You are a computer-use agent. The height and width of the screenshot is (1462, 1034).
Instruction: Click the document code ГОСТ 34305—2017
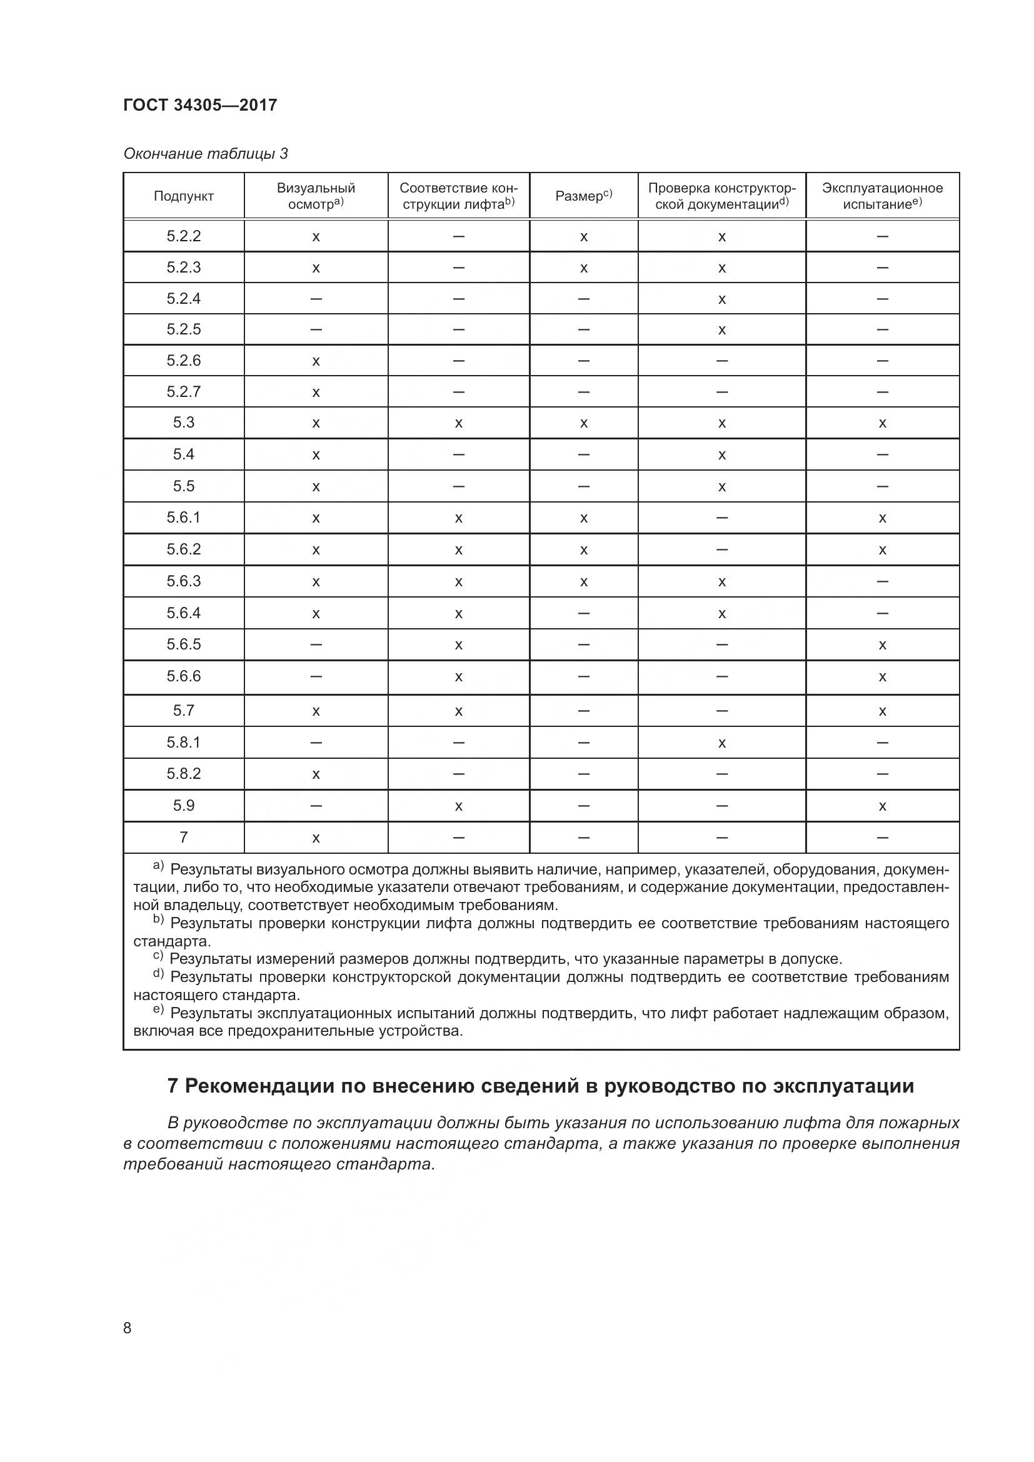pos(200,105)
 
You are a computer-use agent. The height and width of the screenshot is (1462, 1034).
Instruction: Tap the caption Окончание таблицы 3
pos(205,154)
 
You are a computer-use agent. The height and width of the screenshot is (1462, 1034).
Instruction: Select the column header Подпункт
pos(183,196)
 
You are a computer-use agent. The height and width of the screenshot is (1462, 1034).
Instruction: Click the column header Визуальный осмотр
pos(315,196)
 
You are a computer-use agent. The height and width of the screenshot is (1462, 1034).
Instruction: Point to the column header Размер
pos(583,196)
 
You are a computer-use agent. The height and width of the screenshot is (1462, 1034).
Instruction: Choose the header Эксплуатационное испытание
pos(882,196)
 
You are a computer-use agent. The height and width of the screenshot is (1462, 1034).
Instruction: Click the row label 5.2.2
pos(183,236)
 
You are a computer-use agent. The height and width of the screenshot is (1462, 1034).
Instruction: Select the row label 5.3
pos(183,423)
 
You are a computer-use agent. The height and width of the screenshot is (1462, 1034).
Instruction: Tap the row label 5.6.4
pos(183,613)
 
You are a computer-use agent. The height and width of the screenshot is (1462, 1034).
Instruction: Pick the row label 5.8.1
pos(183,742)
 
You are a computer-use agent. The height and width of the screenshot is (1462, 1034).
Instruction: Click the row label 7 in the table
pos(183,838)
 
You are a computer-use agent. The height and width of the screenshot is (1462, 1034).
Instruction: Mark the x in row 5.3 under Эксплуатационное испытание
pos(882,423)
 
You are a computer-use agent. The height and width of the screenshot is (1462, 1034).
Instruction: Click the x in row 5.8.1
pos(721,743)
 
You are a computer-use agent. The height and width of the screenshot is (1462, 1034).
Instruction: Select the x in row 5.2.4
pos(721,299)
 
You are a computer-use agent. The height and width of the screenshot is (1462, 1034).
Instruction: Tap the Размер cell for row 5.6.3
pos(583,582)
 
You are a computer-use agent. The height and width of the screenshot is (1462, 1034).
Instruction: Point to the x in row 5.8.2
pos(315,774)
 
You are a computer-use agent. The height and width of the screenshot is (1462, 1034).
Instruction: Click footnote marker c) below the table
pos(158,956)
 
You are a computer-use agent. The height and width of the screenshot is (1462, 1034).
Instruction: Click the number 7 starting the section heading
pos(172,1086)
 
